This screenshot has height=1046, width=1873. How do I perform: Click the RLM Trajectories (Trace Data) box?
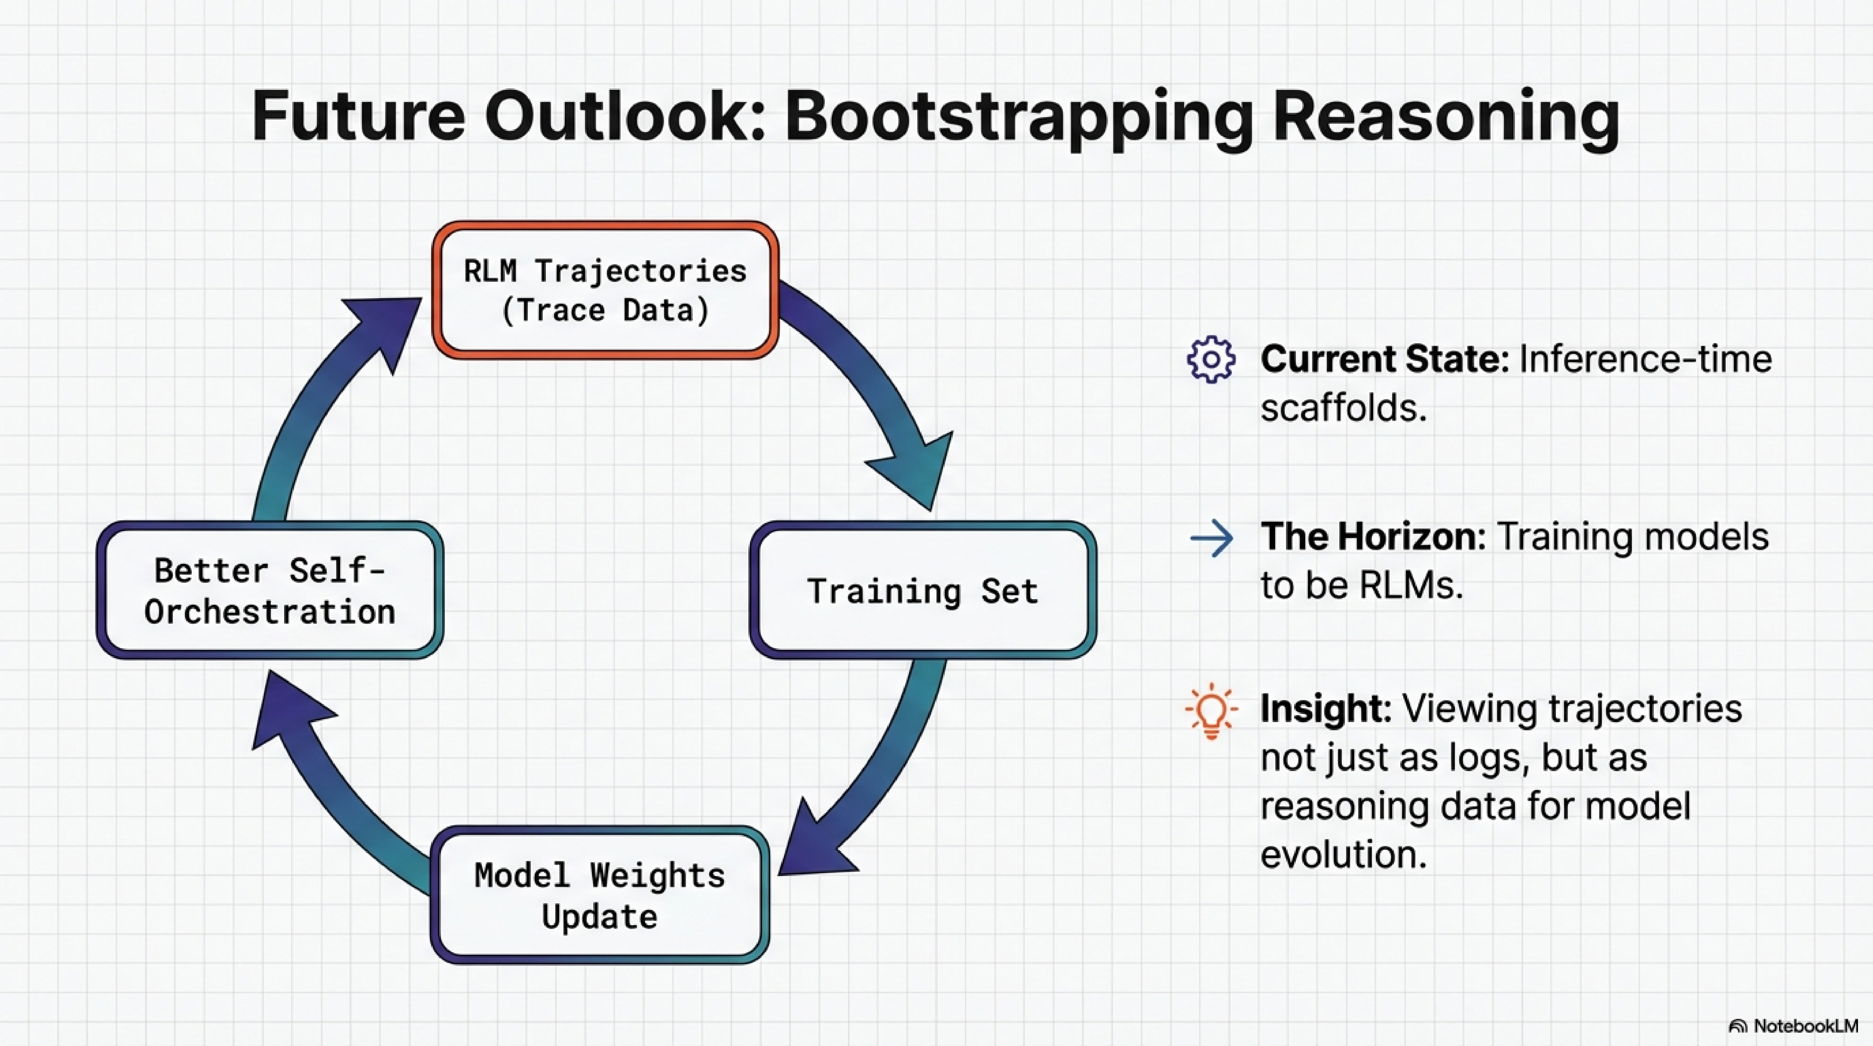(605, 290)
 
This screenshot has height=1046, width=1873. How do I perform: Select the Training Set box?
(923, 590)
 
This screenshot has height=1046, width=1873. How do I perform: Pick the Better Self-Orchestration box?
(270, 590)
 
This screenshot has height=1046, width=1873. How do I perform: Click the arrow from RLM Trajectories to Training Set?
(872, 385)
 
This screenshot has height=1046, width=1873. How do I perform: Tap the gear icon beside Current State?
(1211, 359)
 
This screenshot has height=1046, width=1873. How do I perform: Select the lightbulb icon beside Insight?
(1211, 711)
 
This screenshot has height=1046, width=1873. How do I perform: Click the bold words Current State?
(1384, 359)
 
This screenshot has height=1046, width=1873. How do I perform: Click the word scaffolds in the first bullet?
(1343, 407)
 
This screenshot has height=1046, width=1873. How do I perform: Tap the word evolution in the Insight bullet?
(1343, 854)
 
